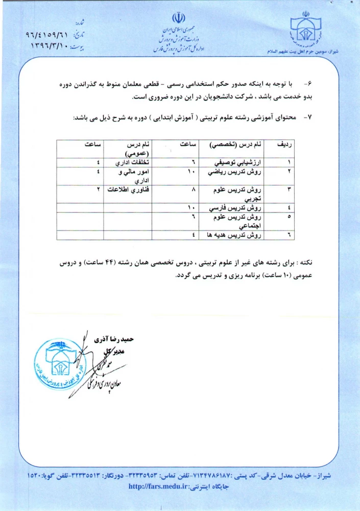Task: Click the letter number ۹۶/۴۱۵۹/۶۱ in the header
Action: pyautogui.click(x=47, y=36)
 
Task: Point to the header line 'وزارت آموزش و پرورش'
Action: pyautogui.click(x=179, y=39)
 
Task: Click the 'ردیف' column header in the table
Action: pyautogui.click(x=284, y=145)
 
